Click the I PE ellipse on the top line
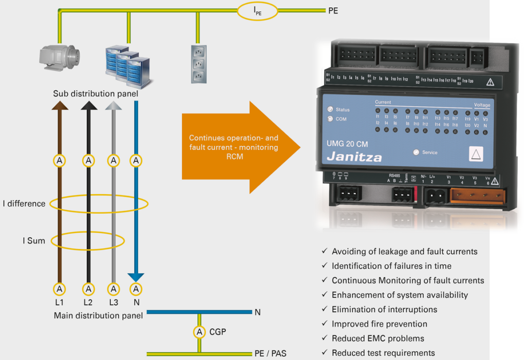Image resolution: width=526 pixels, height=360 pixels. [257, 11]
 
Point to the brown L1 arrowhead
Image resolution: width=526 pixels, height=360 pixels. [60, 106]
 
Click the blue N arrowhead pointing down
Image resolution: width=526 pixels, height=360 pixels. [136, 276]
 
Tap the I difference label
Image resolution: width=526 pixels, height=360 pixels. [24, 203]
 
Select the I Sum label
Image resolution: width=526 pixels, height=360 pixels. [33, 240]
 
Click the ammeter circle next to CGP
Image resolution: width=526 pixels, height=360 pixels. [199, 332]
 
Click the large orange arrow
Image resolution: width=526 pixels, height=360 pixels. [241, 147]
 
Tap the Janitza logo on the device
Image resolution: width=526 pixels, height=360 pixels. [354, 157]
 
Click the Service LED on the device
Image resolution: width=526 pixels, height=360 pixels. [416, 152]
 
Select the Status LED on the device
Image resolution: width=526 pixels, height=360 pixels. [330, 109]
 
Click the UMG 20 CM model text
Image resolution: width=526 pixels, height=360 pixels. [347, 144]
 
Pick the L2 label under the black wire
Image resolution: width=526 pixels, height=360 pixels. [88, 302]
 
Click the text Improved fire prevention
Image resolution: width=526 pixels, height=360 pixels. [379, 324]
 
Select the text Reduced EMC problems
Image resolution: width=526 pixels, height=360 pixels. [378, 338]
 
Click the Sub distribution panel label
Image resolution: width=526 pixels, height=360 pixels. [95, 94]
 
